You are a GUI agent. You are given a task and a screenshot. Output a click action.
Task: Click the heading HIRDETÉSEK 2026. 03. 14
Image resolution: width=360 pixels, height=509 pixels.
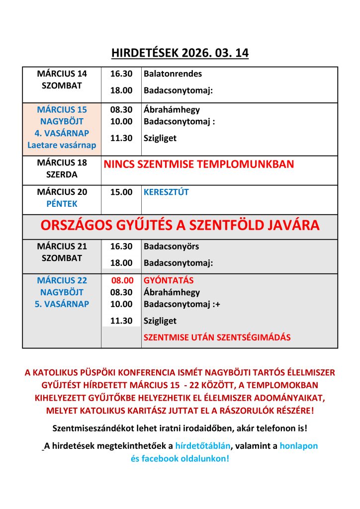coord(180,53)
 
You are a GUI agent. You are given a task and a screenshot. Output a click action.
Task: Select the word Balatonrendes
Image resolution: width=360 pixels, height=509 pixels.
coord(173,74)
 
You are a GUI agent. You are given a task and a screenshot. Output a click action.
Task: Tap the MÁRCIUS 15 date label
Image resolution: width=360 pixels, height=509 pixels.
coord(62,109)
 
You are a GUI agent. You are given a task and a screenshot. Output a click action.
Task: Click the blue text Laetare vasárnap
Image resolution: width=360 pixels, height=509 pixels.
coord(62,145)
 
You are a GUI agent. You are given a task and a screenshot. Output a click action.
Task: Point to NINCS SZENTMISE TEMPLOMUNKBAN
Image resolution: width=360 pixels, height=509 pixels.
coord(198,164)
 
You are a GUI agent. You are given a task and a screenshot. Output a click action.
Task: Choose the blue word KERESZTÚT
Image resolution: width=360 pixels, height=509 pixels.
coord(166,192)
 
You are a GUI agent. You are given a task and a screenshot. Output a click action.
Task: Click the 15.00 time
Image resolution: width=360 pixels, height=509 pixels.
coord(121,192)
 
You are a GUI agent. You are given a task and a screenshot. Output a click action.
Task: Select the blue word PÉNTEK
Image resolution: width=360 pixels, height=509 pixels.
coord(62,204)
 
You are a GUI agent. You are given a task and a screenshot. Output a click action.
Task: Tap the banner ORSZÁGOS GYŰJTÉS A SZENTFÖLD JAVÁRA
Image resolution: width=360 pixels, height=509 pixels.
coord(180,226)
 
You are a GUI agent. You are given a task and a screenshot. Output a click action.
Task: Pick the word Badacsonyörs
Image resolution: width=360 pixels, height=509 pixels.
coord(171,246)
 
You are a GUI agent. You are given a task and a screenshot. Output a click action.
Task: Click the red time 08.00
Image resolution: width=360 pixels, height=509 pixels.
coord(122,280)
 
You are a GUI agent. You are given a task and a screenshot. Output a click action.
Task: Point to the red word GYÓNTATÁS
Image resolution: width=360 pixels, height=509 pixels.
coord(169,280)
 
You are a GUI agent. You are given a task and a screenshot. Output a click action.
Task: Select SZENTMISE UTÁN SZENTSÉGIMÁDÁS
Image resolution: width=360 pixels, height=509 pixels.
coord(217,338)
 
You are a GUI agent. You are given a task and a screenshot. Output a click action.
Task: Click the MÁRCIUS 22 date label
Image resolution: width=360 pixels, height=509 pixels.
coord(62,280)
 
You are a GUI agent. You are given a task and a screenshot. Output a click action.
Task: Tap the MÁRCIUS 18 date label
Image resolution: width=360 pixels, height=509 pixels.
coord(62,163)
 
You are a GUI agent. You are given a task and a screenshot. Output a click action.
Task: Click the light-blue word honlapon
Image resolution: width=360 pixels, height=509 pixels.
coord(298,446)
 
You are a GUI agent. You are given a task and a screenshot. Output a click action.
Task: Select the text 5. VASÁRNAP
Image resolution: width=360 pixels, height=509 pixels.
coord(62,304)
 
